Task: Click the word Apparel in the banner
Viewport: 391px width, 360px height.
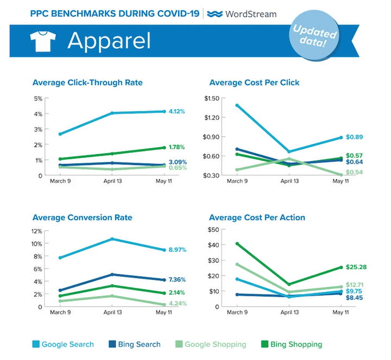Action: pos(108,42)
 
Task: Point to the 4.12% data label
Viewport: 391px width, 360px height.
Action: pos(177,111)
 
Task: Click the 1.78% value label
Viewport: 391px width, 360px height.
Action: pos(177,147)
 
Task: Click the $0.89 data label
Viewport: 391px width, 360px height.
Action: pos(354,137)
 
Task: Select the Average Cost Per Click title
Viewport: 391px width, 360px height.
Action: pos(254,83)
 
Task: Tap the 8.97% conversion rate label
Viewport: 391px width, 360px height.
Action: pos(177,250)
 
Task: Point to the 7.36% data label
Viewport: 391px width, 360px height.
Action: pos(177,280)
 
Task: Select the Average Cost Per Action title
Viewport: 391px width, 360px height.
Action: pos(257,218)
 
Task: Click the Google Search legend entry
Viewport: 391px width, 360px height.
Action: pos(63,344)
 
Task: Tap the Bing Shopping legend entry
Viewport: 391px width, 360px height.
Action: pos(292,344)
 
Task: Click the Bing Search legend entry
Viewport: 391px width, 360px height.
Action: pos(135,344)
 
